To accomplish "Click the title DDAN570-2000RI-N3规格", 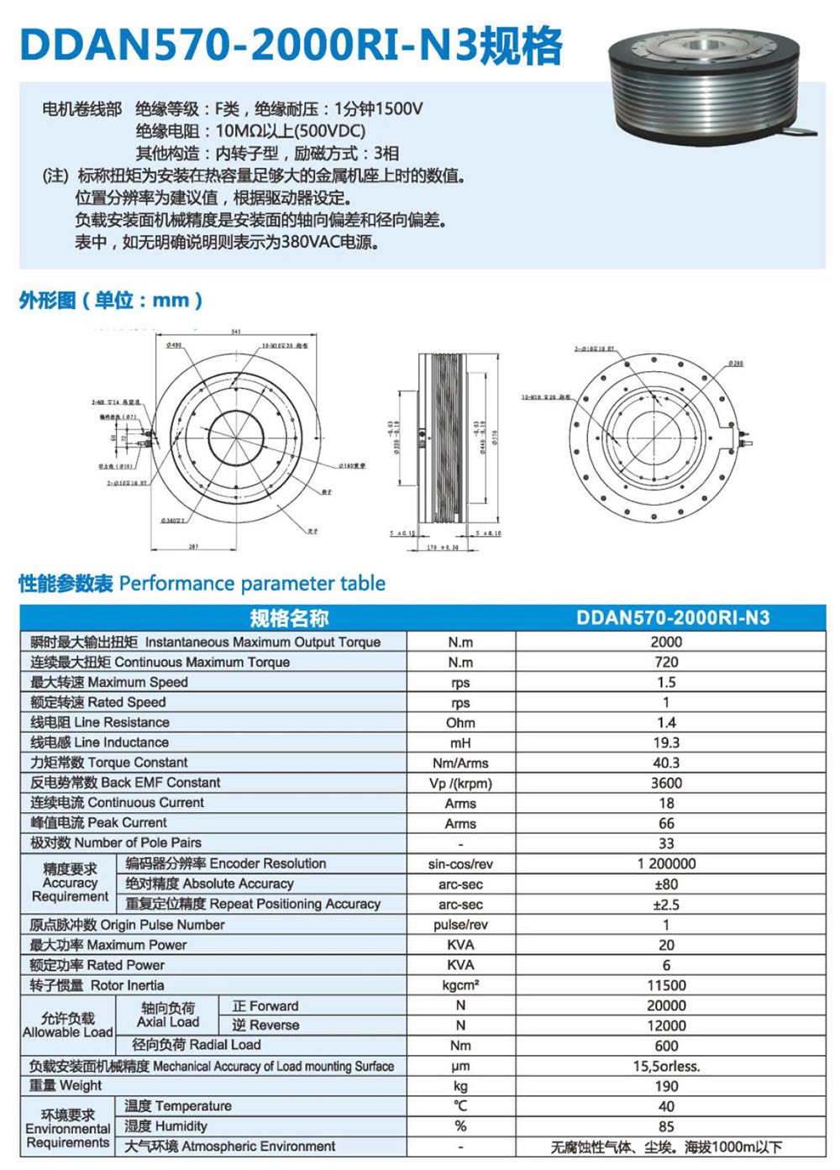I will click(x=291, y=45).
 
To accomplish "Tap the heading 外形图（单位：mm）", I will click(x=111, y=301).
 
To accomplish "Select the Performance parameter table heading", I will click(x=202, y=584).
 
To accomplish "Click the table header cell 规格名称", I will click(x=289, y=618).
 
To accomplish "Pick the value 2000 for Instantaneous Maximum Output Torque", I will click(x=666, y=642).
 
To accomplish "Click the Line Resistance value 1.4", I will click(x=666, y=722).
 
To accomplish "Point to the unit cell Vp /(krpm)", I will click(x=460, y=783).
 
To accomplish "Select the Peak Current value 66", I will click(x=666, y=823).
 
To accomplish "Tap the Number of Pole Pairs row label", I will click(x=116, y=842).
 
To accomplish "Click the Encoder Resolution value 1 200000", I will click(x=666, y=863).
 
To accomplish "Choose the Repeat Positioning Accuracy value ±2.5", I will click(x=666, y=905).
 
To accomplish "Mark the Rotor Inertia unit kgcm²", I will click(x=460, y=985).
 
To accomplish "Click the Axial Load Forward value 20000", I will click(x=666, y=1005).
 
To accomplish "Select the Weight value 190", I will click(x=666, y=1086).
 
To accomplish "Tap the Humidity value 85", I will click(x=666, y=1126).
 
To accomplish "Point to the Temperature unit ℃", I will click(x=460, y=1106).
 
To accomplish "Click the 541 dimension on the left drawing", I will click(x=236, y=332).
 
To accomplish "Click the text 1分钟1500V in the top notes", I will click(x=378, y=109).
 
